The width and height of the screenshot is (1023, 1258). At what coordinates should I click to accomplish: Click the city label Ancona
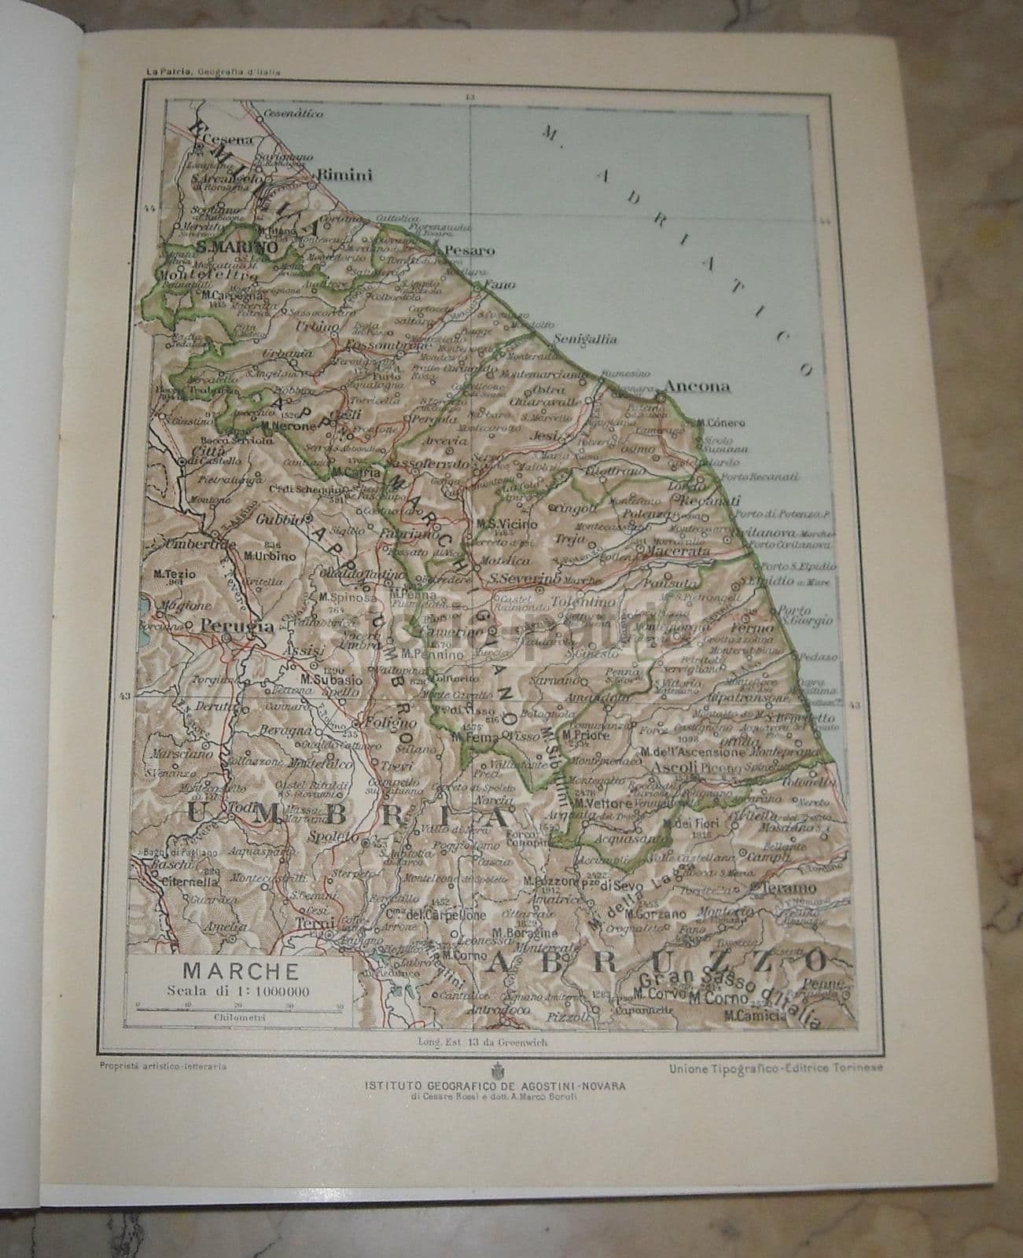pyautogui.click(x=697, y=386)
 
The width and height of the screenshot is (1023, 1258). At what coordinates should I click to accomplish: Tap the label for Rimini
pyautogui.click(x=344, y=175)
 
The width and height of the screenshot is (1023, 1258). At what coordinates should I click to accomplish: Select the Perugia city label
pyautogui.click(x=226, y=627)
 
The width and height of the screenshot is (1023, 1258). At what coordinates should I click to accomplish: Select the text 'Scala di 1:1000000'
pyautogui.click(x=237, y=989)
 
